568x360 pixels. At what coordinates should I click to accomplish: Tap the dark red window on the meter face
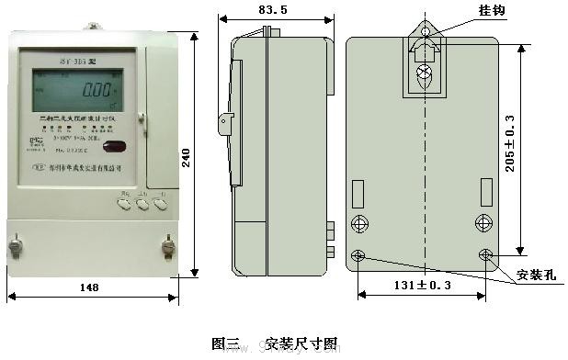click(x=115, y=146)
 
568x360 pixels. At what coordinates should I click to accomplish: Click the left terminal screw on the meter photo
click(x=16, y=247)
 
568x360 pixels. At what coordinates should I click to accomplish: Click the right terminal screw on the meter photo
click(x=168, y=247)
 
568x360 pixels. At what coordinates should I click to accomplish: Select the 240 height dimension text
click(x=187, y=158)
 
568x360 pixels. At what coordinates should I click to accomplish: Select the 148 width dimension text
click(x=89, y=287)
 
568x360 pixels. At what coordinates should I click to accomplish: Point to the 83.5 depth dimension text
click(x=273, y=10)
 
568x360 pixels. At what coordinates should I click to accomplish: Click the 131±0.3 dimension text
click(x=423, y=286)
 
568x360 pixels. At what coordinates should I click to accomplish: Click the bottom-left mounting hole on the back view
click(x=358, y=254)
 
